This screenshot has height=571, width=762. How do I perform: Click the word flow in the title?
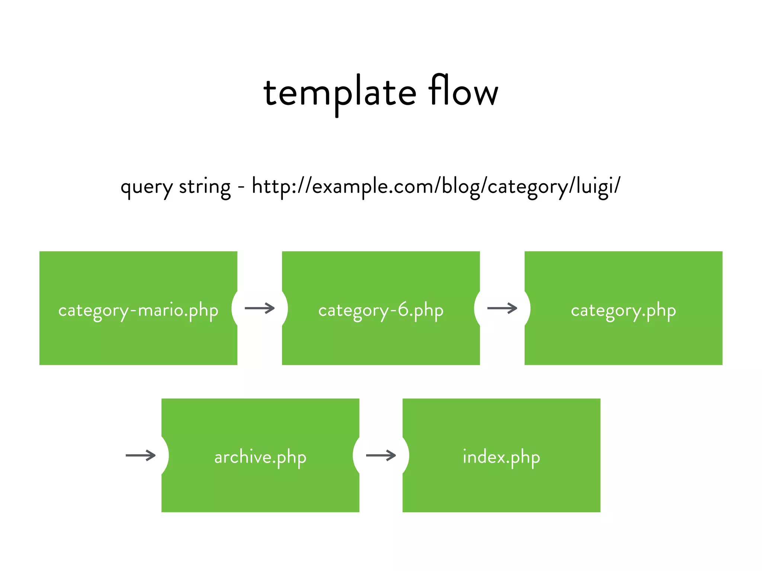point(463,91)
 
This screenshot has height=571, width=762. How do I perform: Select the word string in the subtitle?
point(205,187)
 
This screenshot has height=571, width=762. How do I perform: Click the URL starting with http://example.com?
point(436,187)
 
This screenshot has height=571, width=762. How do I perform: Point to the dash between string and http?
point(241,187)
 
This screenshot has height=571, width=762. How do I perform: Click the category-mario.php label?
point(138,310)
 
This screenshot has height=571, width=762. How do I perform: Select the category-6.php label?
point(381,310)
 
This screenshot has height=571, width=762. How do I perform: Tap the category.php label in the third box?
point(623,310)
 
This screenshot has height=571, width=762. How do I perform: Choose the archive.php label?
point(260,457)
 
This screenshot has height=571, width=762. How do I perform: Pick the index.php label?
point(501,457)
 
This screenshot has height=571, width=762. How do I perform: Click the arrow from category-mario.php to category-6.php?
point(260,308)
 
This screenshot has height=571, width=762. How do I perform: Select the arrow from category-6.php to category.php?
point(502,308)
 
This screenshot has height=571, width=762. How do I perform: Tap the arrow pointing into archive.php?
point(141,455)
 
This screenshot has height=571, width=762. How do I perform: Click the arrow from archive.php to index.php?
point(381,455)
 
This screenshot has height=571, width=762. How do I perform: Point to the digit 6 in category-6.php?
point(403,309)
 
